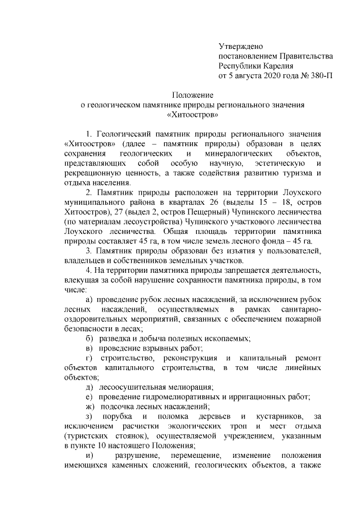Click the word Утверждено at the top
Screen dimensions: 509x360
[x=241, y=46]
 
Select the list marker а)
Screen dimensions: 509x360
[x=89, y=301]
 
